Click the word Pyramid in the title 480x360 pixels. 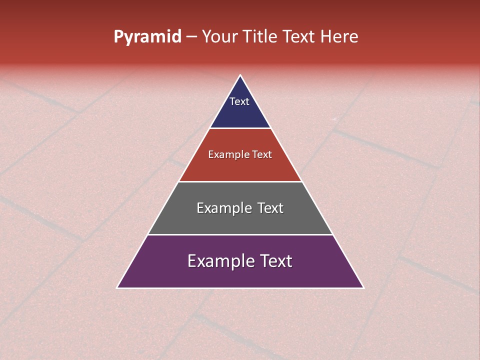tap(147, 37)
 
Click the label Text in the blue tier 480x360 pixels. tap(239, 101)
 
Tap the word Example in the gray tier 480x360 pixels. tap(224, 208)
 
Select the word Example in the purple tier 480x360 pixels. tap(220, 261)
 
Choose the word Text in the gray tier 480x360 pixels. tap(270, 208)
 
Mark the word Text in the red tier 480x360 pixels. tap(262, 155)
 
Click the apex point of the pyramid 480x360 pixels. tap(240, 76)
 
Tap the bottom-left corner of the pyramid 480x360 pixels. tap(117, 287)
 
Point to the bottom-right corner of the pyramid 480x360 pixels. tap(363, 287)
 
